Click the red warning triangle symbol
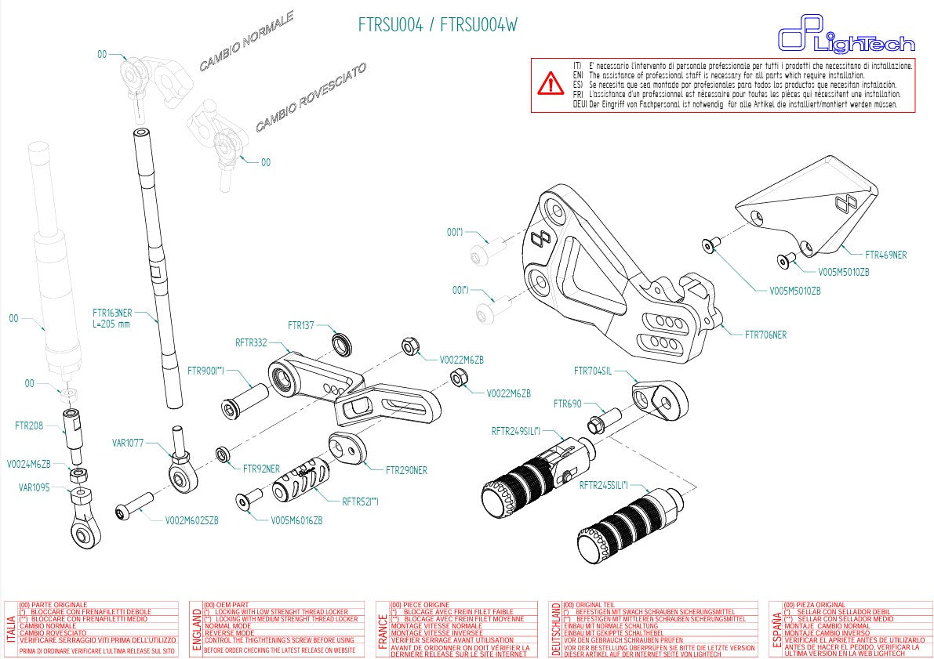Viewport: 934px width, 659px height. [x=551, y=82]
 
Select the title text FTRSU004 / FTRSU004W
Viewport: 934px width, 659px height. [x=438, y=25]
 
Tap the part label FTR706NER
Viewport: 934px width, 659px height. [x=765, y=335]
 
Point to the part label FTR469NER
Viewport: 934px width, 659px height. [x=885, y=255]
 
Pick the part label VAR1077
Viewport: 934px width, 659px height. [x=129, y=443]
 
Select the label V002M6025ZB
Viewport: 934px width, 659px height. [x=191, y=520]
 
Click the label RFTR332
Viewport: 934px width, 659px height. [x=251, y=342]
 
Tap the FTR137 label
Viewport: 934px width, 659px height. [x=300, y=324]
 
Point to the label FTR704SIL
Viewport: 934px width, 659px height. [x=592, y=371]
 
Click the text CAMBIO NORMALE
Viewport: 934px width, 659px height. [x=245, y=42]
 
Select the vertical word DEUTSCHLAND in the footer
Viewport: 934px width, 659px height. [x=556, y=629]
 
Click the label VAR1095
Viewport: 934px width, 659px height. [x=34, y=487]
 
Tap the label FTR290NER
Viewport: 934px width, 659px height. [x=406, y=470]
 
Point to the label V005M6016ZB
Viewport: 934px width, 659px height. [x=296, y=520]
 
